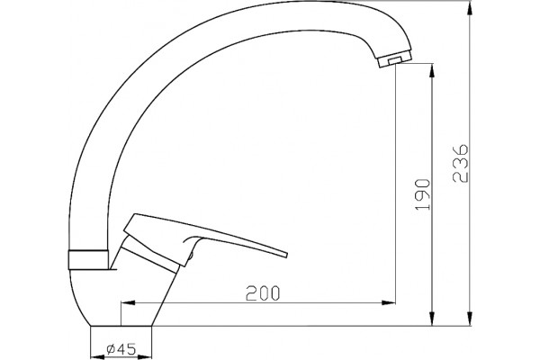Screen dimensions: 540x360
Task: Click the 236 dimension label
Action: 461,163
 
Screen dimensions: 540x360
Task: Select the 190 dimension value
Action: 423,194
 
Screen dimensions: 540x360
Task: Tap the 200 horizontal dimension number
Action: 263,293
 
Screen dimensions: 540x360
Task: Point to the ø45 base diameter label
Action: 121,349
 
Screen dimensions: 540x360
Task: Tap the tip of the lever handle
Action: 286,255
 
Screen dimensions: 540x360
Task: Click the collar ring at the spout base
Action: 88,259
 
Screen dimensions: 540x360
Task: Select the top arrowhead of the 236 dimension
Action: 470,7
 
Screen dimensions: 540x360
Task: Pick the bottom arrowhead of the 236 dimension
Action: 470,319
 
